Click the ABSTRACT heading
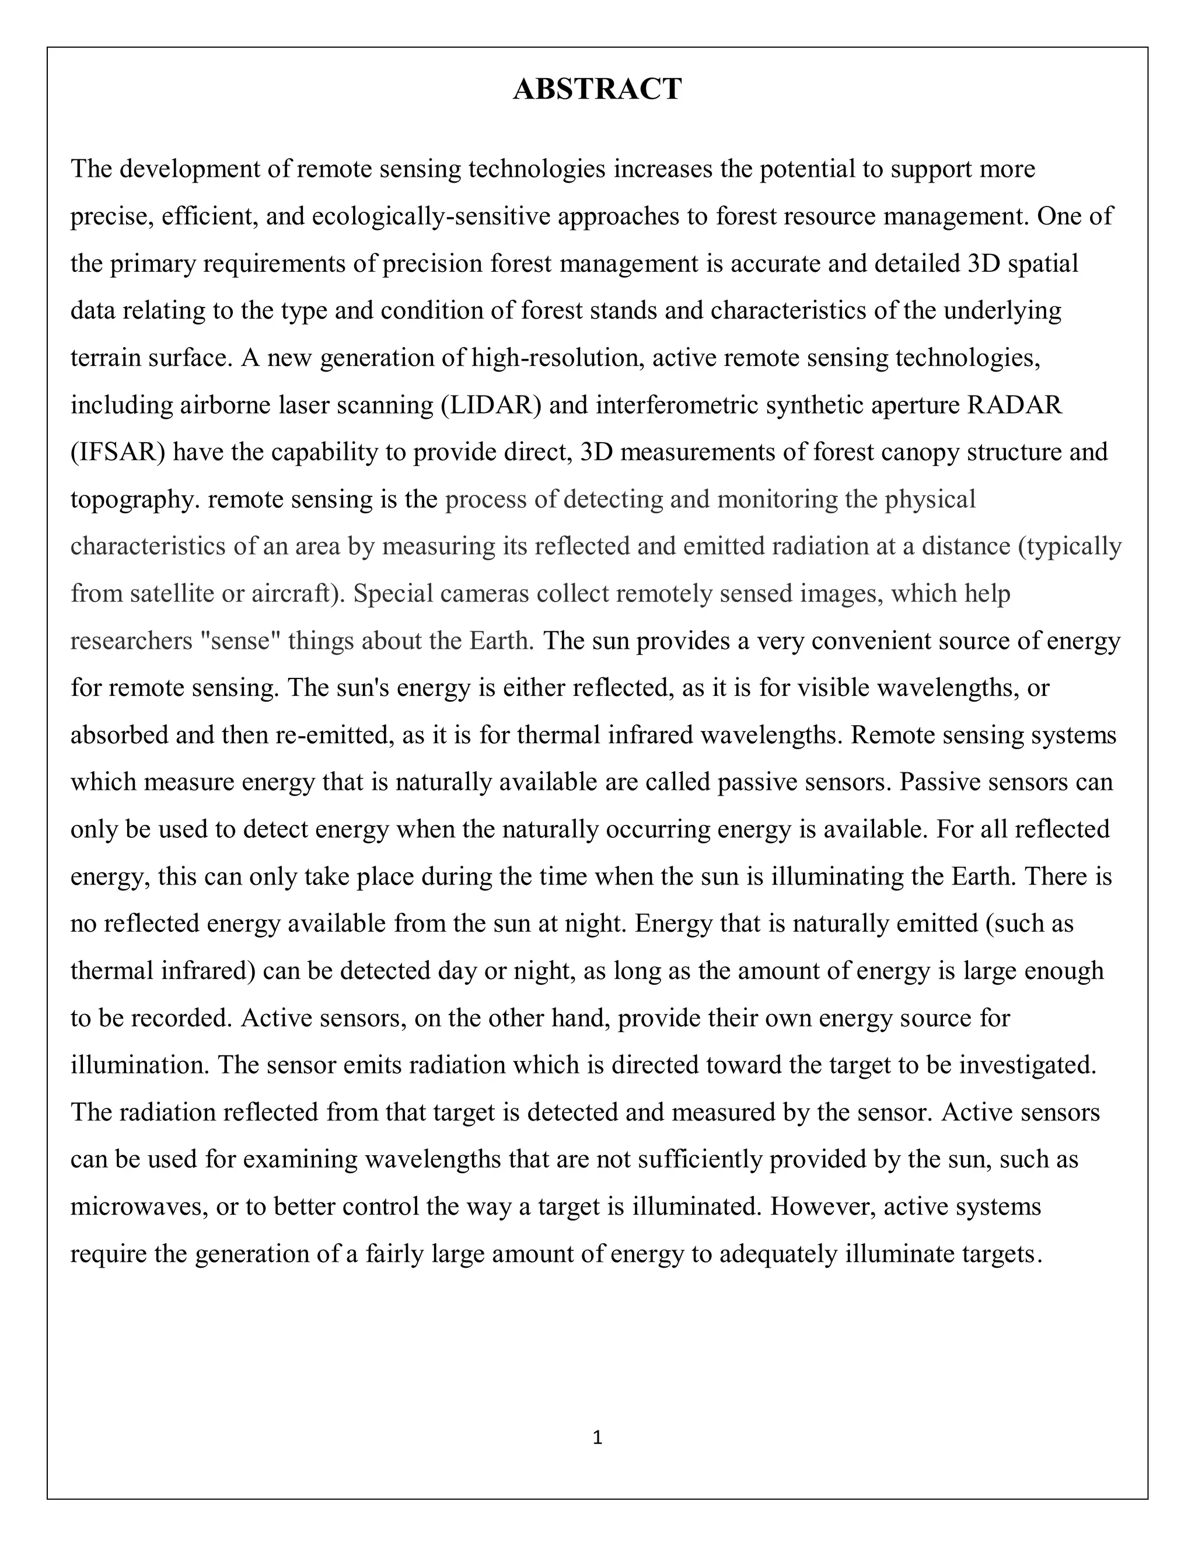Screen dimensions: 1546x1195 (x=597, y=90)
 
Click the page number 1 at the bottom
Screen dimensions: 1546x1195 (x=597, y=1437)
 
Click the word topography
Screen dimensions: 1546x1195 (x=135, y=501)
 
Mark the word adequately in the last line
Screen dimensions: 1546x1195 (x=778, y=1254)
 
